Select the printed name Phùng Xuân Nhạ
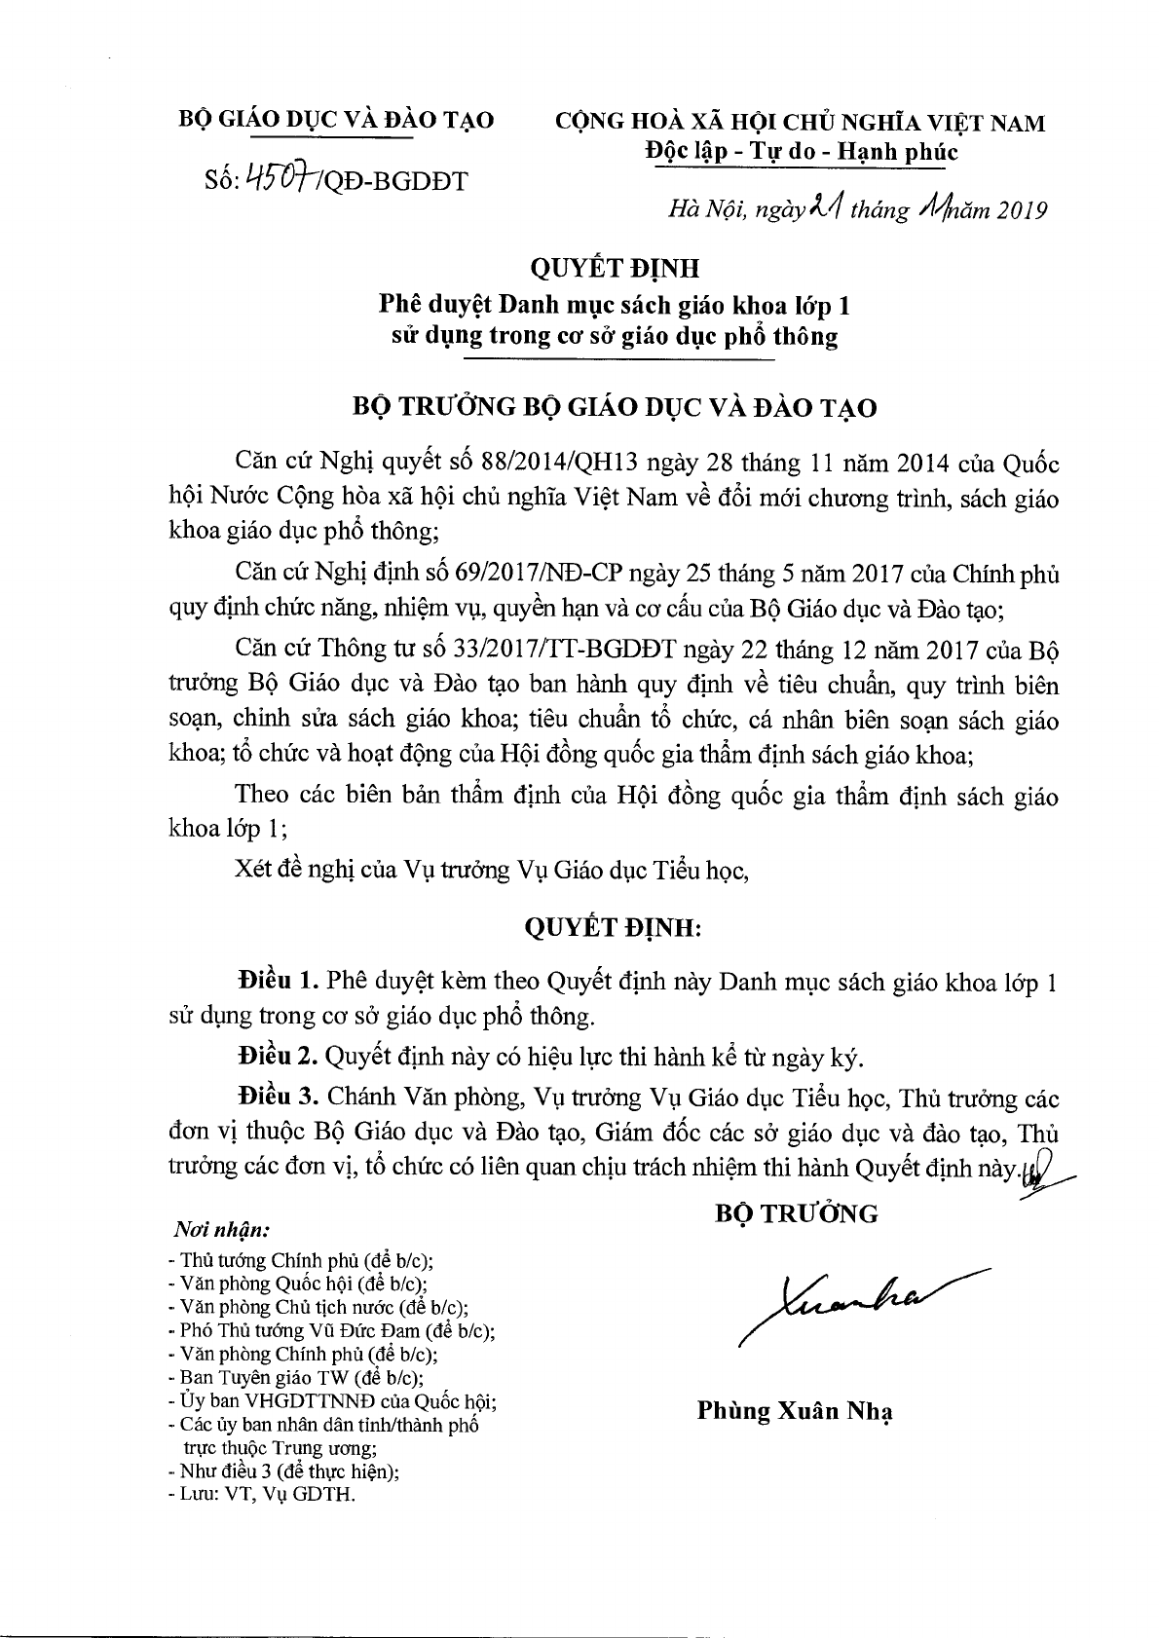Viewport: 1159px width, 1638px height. [x=795, y=1411]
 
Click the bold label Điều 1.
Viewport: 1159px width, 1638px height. [x=278, y=981]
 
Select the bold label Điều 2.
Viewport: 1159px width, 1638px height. [x=278, y=1057]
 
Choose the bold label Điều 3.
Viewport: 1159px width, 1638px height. [x=278, y=1097]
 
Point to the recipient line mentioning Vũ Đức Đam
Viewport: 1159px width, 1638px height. [x=331, y=1330]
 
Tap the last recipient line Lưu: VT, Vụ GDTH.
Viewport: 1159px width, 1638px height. [x=262, y=1494]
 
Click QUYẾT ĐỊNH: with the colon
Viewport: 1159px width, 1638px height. [x=613, y=928]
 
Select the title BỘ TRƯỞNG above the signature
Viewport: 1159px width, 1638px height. [x=796, y=1214]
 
